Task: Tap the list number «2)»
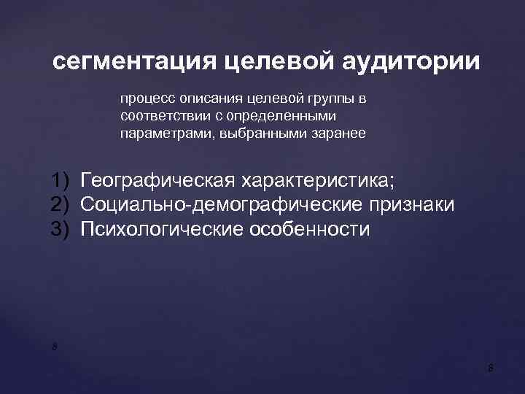click(x=63, y=205)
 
